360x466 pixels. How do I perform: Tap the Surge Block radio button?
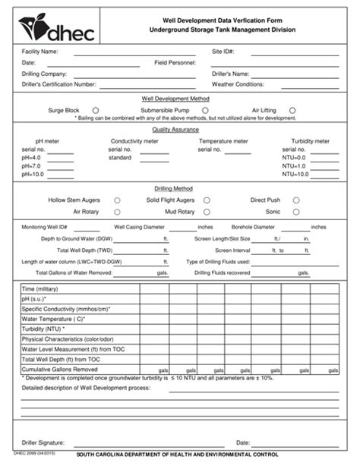(x=95, y=110)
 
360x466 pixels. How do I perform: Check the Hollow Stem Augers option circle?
(x=117, y=200)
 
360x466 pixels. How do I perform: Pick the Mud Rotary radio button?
(x=202, y=212)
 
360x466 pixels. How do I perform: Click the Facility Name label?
(x=41, y=52)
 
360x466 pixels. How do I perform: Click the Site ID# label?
(x=223, y=52)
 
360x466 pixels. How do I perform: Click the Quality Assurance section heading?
(x=180, y=129)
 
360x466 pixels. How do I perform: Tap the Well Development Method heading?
(x=180, y=99)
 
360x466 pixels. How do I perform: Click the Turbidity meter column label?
(x=311, y=141)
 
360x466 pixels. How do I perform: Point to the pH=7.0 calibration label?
(x=34, y=165)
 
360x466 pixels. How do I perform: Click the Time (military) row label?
(x=44, y=289)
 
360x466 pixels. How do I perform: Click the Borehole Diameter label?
(x=254, y=227)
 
